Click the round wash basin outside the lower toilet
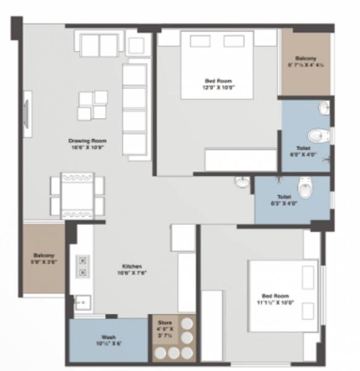point(243,182)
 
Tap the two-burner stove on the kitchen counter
point(81,265)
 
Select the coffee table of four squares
point(92,105)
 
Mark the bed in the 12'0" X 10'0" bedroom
point(216,64)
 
